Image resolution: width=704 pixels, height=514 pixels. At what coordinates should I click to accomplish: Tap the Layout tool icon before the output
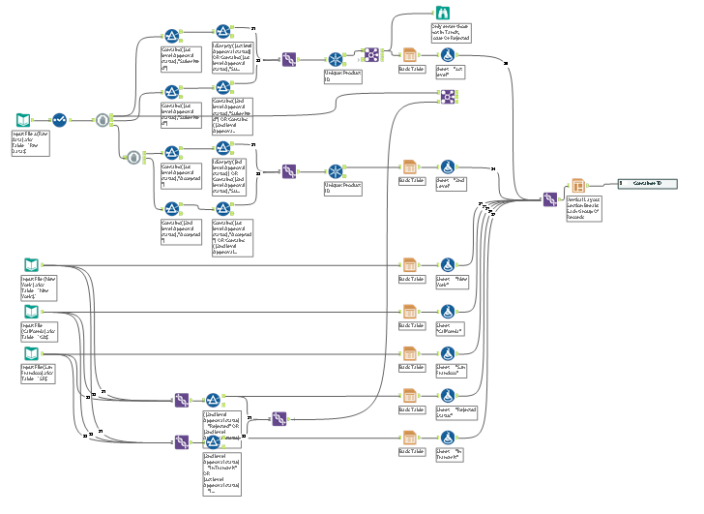tap(576, 186)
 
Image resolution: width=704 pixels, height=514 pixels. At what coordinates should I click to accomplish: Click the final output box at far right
tap(648, 183)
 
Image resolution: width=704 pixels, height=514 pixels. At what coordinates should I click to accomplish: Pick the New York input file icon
tap(31, 263)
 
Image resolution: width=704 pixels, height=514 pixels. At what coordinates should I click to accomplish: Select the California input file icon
tap(31, 312)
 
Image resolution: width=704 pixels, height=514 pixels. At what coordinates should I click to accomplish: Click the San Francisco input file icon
tap(31, 357)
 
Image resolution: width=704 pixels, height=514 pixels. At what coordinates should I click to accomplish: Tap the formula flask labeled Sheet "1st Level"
tap(448, 56)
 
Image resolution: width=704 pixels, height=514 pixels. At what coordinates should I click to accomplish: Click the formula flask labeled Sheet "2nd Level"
tap(448, 167)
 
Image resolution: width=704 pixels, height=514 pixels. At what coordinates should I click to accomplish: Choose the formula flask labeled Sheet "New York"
tap(448, 264)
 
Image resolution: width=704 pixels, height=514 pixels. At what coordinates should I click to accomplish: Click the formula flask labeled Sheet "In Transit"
tap(448, 438)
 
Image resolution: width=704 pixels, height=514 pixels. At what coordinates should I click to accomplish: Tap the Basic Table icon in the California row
tap(409, 313)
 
